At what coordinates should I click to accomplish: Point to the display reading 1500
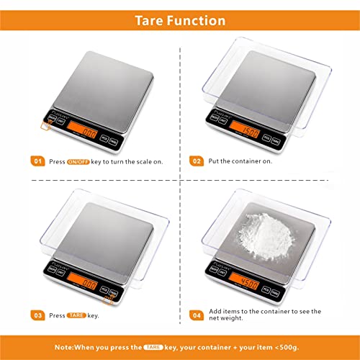pyautogui.click(x=248, y=132)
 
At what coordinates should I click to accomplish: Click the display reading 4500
pyautogui.click(x=248, y=283)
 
